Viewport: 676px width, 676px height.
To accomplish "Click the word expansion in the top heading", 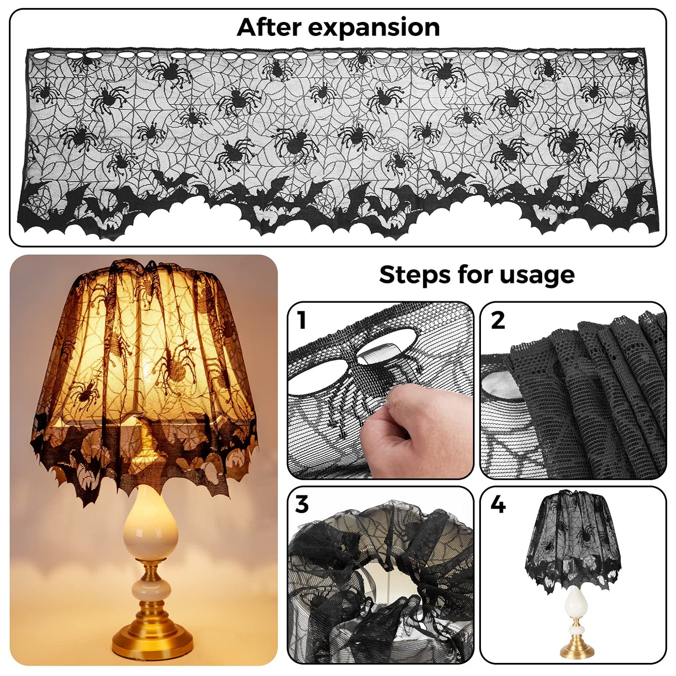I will pyautogui.click(x=373, y=28).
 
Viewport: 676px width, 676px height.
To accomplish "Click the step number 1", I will pyautogui.click(x=302, y=320).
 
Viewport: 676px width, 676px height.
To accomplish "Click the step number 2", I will pyautogui.click(x=498, y=320).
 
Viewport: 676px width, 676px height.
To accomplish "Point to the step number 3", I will pyautogui.click(x=302, y=504).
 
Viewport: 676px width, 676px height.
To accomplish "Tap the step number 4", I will pyautogui.click(x=498, y=504).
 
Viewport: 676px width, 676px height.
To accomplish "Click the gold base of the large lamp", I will pyautogui.click(x=153, y=641).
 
